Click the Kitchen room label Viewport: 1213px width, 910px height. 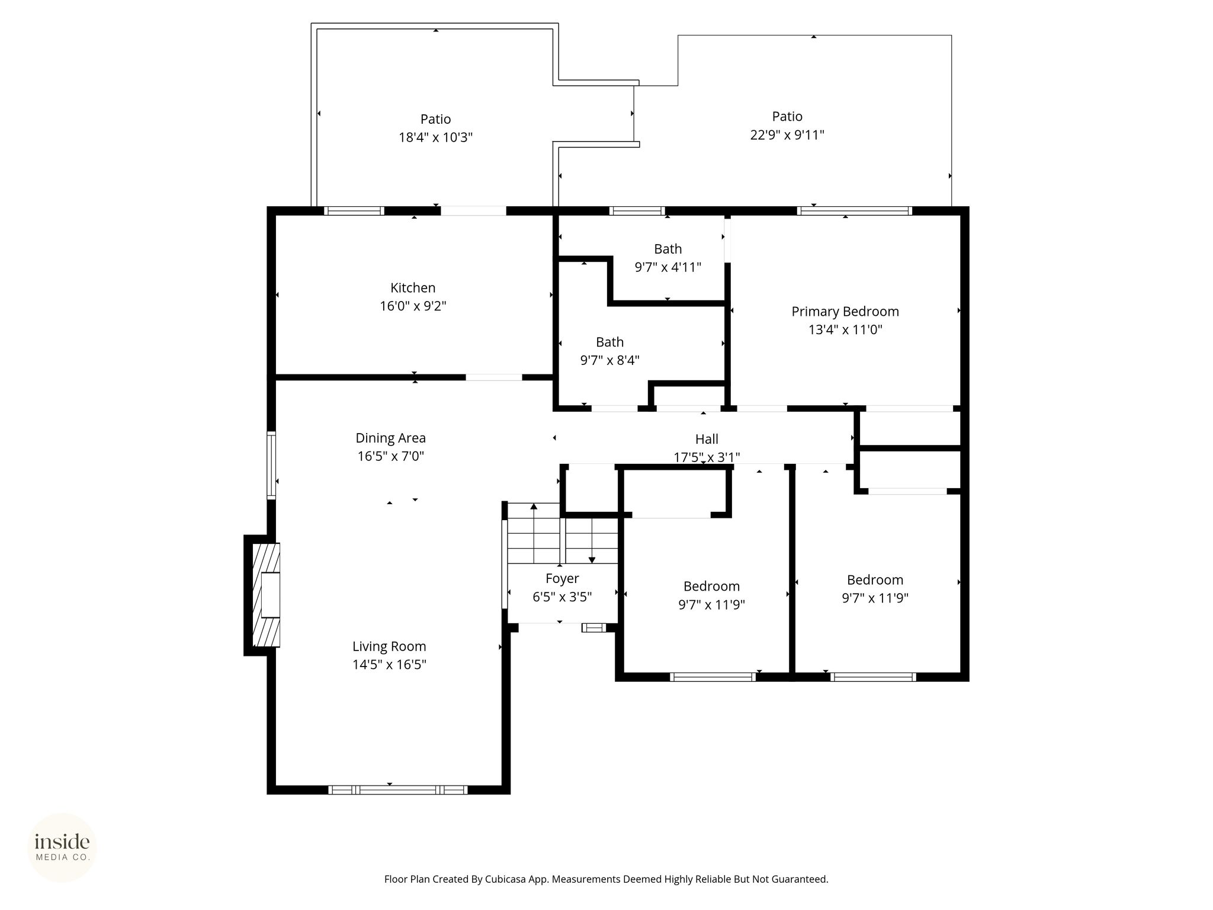click(x=413, y=288)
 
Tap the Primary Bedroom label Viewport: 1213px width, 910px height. click(x=845, y=312)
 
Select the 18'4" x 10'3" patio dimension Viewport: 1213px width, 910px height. click(x=435, y=137)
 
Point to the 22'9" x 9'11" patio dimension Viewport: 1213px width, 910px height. click(x=787, y=135)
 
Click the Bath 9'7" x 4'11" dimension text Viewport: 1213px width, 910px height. click(x=668, y=267)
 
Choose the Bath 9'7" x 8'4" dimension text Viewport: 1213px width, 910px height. click(x=609, y=360)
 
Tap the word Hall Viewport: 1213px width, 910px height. click(x=707, y=439)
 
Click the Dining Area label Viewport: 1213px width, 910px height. click(x=390, y=438)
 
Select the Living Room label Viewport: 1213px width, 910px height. click(x=389, y=646)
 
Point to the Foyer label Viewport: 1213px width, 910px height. click(x=562, y=578)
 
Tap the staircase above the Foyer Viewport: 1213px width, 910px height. click(x=563, y=533)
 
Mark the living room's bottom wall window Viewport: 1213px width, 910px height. click(x=398, y=790)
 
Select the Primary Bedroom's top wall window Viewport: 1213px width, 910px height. click(x=854, y=210)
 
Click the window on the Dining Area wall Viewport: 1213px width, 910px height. click(x=271, y=465)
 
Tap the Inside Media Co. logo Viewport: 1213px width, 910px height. click(x=62, y=847)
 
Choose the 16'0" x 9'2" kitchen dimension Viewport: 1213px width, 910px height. click(x=413, y=306)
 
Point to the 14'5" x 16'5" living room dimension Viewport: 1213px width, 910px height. click(x=389, y=665)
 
